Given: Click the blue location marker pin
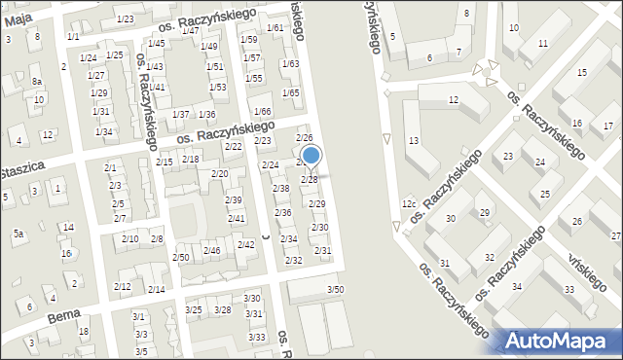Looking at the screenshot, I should coord(311,156).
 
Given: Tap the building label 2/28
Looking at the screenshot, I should coord(309,180).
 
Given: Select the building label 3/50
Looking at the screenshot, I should coord(335,289).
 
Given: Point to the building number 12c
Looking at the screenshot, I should coord(409,203).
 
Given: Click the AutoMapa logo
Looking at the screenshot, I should coord(561,341).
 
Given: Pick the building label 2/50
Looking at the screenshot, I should coord(181,257).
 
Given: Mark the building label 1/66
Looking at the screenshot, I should coord(262,112).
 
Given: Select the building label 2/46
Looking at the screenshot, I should coord(211,251).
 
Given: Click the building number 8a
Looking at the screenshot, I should coord(36,82).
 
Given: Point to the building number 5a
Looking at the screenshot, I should coord(18,234).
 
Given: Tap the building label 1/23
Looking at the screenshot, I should coord(125,19).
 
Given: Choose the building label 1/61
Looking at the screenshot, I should coord(275,27).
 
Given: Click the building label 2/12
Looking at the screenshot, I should coord(123,286).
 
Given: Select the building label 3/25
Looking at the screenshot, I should coord(194,309).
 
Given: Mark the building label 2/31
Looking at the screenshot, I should coord(322,251).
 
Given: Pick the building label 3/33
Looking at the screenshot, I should coord(257,337).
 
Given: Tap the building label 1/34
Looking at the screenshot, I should coord(103,131).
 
